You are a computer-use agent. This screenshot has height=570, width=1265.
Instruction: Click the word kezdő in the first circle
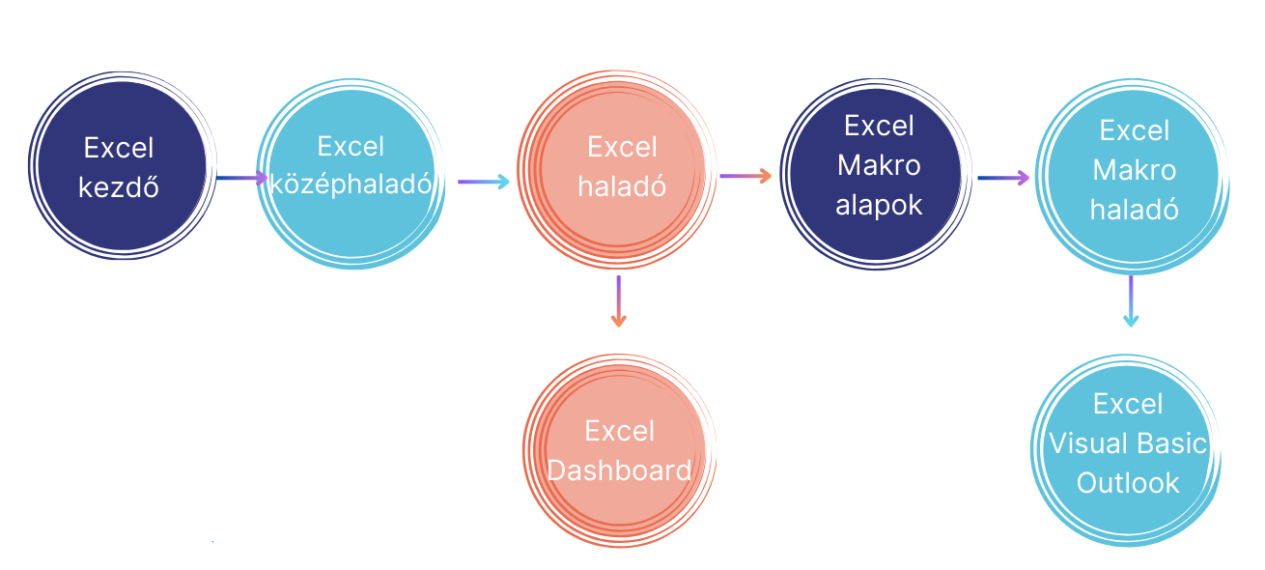[x=119, y=187]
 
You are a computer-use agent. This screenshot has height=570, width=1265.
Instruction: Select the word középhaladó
[x=351, y=185]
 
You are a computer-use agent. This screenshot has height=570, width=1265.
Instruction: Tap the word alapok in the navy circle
[x=879, y=205]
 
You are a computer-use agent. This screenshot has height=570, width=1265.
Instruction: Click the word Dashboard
[x=619, y=470]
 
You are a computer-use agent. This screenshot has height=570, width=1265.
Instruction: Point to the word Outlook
[x=1128, y=483]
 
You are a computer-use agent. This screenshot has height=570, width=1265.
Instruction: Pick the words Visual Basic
[x=1128, y=443]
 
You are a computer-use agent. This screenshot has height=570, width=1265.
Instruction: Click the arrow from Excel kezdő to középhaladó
[x=241, y=178]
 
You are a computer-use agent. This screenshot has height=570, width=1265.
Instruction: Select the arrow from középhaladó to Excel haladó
[x=484, y=182]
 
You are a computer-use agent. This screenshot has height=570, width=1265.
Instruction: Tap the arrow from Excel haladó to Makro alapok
[x=745, y=176]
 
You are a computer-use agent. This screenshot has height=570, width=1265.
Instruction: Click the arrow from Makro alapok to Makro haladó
[x=1003, y=178]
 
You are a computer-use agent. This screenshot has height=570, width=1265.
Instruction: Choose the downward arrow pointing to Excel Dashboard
[x=619, y=301]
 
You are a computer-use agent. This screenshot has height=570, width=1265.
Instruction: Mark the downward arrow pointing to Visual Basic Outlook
[x=1131, y=301]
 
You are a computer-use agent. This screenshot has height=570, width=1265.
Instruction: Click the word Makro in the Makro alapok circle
[x=879, y=165]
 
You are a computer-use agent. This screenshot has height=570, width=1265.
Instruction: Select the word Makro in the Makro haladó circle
[x=1134, y=170]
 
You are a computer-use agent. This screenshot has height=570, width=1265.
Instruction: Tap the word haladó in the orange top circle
[x=622, y=186]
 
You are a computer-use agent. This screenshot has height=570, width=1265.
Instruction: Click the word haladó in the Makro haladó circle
[x=1134, y=210]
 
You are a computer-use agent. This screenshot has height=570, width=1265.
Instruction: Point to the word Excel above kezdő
[x=119, y=148]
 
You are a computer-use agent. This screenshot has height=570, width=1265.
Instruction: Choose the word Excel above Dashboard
[x=620, y=431]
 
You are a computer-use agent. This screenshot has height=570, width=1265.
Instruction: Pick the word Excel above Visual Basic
[x=1128, y=404]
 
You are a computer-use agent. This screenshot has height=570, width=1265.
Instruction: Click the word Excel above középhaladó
[x=351, y=147]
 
